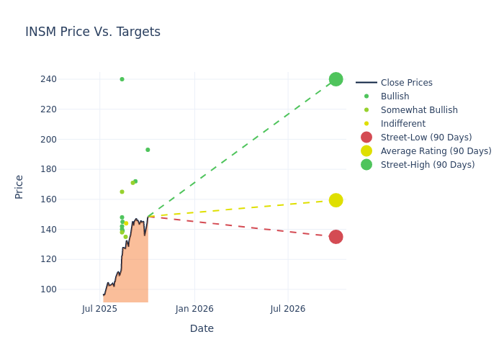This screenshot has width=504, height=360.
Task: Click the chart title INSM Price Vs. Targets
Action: [93, 32]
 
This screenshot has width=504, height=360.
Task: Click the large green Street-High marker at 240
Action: [336, 79]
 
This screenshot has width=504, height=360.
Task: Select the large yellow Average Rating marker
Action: [336, 200]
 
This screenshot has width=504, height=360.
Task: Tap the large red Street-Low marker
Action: [336, 237]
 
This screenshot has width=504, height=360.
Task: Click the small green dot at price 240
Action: [122, 79]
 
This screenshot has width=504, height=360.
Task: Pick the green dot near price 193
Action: [148, 150]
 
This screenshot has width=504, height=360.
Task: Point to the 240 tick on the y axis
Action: [68, 79]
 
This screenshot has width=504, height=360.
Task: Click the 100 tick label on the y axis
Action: [68, 289]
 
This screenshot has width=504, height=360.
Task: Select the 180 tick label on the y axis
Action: [68, 169]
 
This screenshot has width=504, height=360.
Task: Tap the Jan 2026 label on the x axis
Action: [194, 309]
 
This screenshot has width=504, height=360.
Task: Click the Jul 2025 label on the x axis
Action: [99, 309]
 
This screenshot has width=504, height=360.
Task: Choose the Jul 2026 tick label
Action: [288, 309]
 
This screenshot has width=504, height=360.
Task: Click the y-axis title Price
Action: [19, 186]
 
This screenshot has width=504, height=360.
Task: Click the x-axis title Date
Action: [202, 329]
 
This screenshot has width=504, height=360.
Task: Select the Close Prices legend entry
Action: [406, 83]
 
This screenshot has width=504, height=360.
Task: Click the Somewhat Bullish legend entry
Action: [419, 110]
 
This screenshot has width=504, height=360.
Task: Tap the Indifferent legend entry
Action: [402, 124]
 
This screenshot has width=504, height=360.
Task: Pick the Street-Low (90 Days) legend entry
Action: [426, 138]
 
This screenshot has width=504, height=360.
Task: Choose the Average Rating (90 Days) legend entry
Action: [436, 151]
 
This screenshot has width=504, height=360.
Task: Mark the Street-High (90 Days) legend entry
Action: [427, 165]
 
